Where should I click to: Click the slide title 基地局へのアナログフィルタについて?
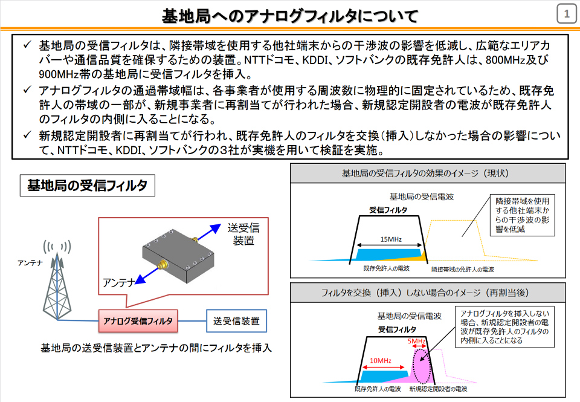pyautogui.click(x=290, y=15)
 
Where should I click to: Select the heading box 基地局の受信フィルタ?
pyautogui.click(x=87, y=185)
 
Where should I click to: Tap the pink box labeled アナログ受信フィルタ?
pyautogui.click(x=138, y=321)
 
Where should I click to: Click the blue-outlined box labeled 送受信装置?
pyautogui.click(x=236, y=321)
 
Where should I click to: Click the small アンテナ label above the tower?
pyautogui.click(x=30, y=262)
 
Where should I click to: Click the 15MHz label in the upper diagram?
pyautogui.click(x=390, y=239)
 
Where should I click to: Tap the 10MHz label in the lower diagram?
pyautogui.click(x=379, y=361)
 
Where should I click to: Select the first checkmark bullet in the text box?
pyautogui.click(x=26, y=45)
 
